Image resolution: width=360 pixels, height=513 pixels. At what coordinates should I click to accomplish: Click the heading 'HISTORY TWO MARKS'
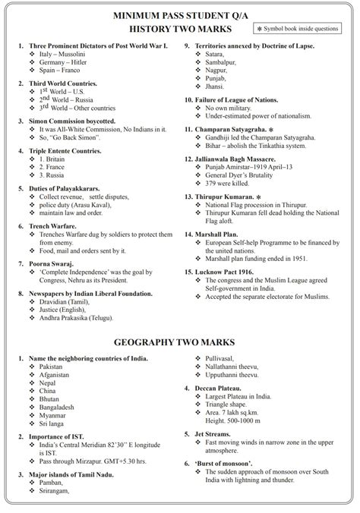179,28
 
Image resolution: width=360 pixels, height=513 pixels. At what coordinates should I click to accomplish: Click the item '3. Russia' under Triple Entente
55,176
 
